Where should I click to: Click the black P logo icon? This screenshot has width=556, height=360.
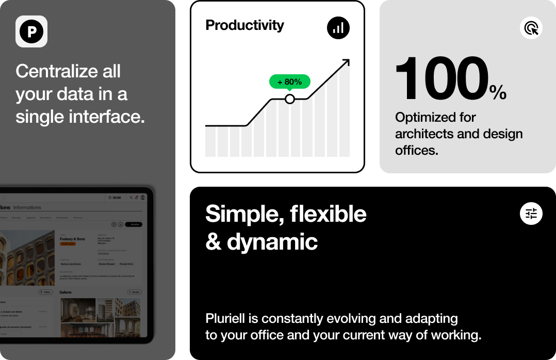coord(31,31)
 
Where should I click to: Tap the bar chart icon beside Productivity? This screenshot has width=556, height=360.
coord(338,27)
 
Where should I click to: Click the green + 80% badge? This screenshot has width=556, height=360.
coord(289,81)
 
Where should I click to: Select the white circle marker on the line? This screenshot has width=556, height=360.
coord(290,99)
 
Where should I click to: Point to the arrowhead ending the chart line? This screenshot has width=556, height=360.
coord(346,62)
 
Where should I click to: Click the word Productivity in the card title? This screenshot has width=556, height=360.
coord(244,25)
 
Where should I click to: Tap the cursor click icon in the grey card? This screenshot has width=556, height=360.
coord(531,28)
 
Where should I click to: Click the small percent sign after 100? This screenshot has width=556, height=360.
coord(498,92)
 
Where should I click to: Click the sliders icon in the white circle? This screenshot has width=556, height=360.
coord(531,213)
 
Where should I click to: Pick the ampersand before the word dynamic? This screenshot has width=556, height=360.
coord(213,241)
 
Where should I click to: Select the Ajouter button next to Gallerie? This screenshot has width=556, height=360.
coord(134,292)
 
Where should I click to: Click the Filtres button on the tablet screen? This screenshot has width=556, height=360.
coord(45,292)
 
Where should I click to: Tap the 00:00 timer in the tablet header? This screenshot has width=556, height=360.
coord(115,198)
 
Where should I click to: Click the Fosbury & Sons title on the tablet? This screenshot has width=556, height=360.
coord(73,239)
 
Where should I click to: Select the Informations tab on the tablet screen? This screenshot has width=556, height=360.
coord(27,207)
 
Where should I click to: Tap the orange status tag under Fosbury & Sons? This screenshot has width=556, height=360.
coord(68,243)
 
